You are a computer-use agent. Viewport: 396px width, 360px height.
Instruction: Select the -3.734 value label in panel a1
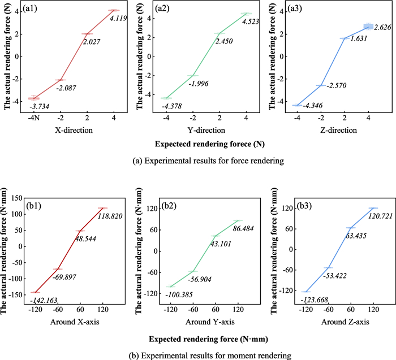coord(42,107)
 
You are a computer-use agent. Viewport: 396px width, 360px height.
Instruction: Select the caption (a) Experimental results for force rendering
coord(197,161)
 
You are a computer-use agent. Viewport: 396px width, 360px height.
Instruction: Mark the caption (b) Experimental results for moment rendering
coord(197,355)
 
